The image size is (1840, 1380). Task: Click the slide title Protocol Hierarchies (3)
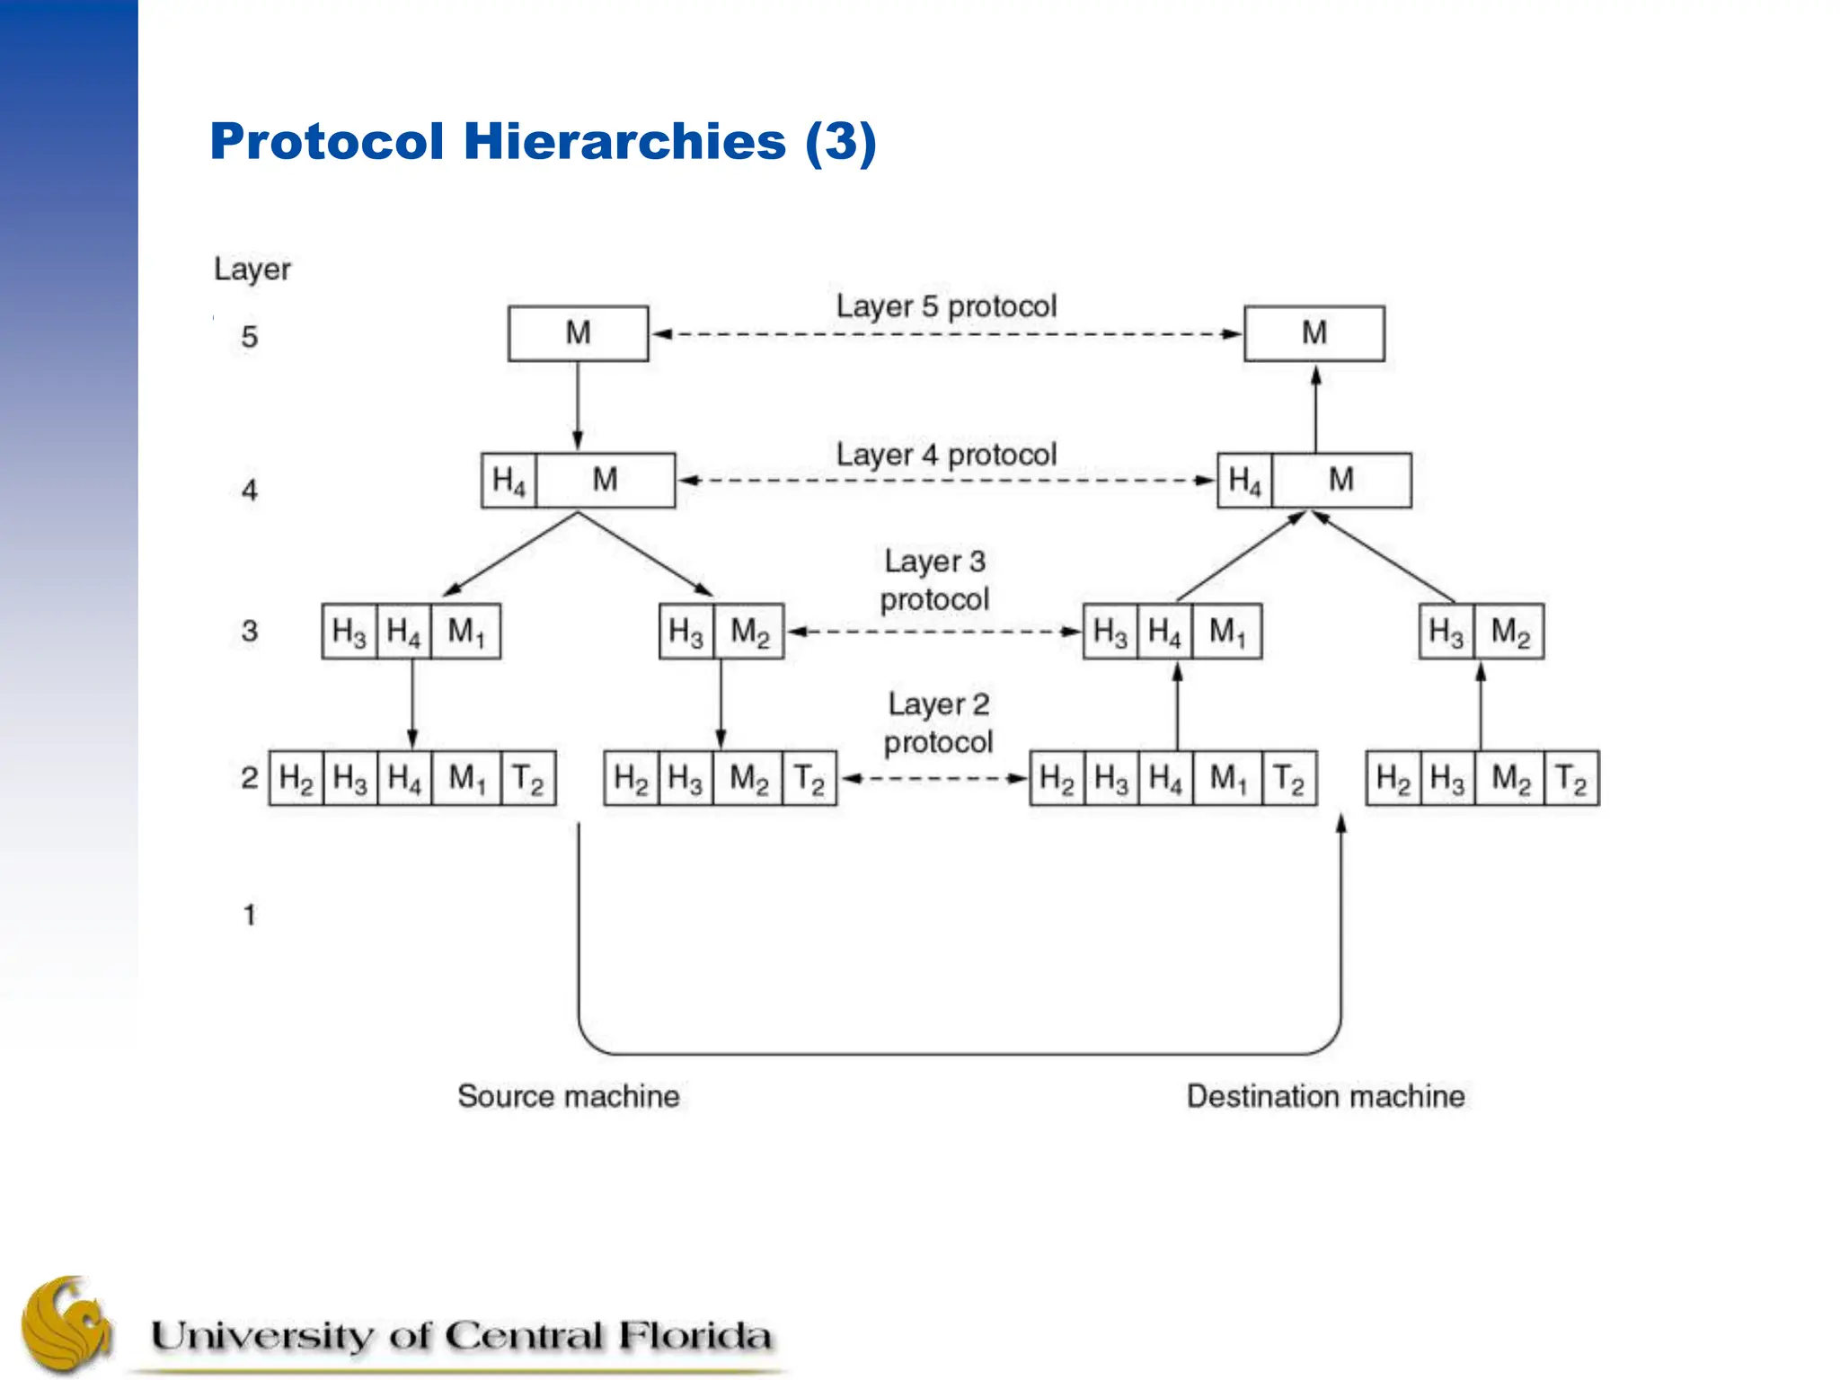[543, 142]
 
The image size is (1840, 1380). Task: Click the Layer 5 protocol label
[946, 306]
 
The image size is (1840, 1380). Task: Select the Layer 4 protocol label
[946, 455]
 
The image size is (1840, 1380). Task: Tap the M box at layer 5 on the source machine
[578, 333]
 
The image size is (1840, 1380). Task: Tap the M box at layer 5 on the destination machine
[1314, 333]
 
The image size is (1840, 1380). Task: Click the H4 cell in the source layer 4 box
[509, 481]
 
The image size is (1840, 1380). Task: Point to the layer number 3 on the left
[250, 631]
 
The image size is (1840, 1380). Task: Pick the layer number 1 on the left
[250, 915]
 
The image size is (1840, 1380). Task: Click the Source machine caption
[568, 1096]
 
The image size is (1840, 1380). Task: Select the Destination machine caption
[1325, 1096]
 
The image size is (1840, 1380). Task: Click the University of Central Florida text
[461, 1336]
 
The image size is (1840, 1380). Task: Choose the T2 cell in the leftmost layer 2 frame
[527, 778]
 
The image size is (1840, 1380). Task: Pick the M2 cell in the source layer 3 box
[749, 632]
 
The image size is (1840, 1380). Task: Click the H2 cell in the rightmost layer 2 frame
[1393, 778]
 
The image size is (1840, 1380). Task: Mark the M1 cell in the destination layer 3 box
[1227, 632]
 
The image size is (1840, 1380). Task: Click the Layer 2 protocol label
[938, 723]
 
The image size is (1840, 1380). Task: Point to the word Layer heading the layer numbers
[252, 269]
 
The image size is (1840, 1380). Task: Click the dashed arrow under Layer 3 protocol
[934, 632]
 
